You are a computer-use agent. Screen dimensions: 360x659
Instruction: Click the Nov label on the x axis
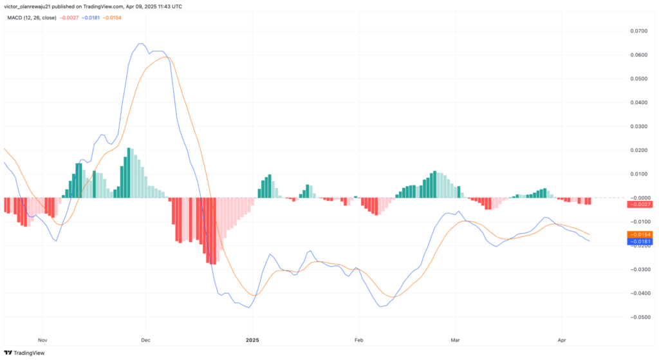point(42,338)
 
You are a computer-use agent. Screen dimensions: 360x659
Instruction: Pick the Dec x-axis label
point(145,338)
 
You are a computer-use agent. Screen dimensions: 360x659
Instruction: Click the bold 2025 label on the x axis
point(253,338)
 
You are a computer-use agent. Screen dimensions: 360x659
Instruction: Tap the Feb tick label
point(358,338)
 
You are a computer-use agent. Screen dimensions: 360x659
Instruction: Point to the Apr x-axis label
point(561,338)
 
